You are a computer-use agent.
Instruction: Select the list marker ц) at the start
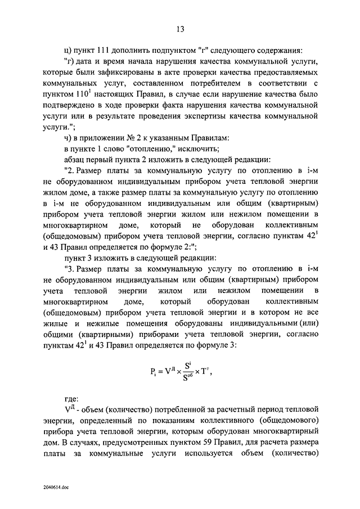coord(70,49)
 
